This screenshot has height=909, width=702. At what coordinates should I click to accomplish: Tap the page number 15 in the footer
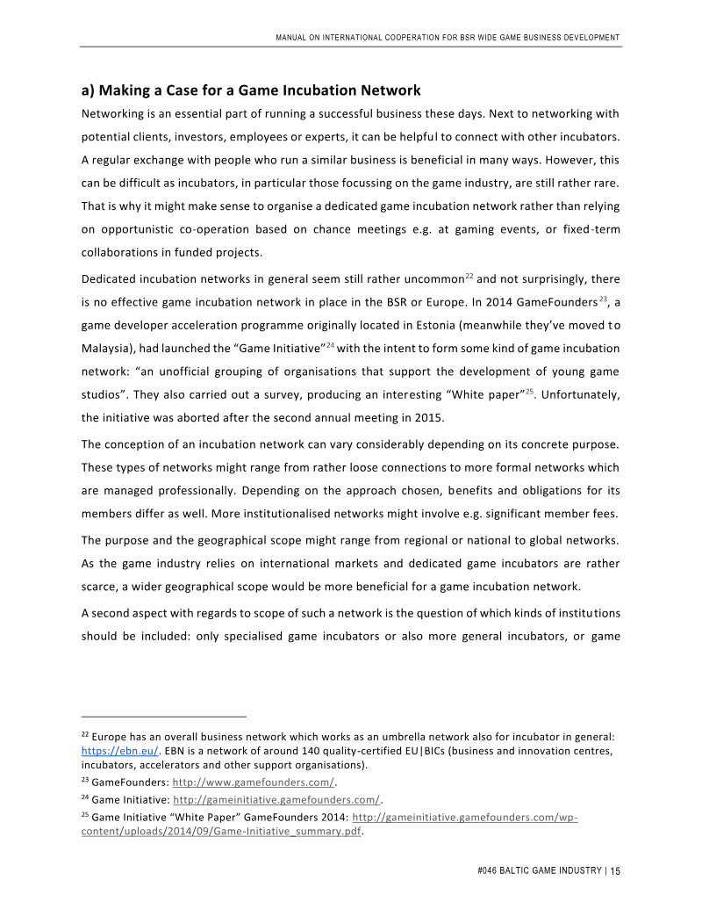coord(615,871)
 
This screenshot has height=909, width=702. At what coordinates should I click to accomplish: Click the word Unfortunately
coord(578,394)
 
